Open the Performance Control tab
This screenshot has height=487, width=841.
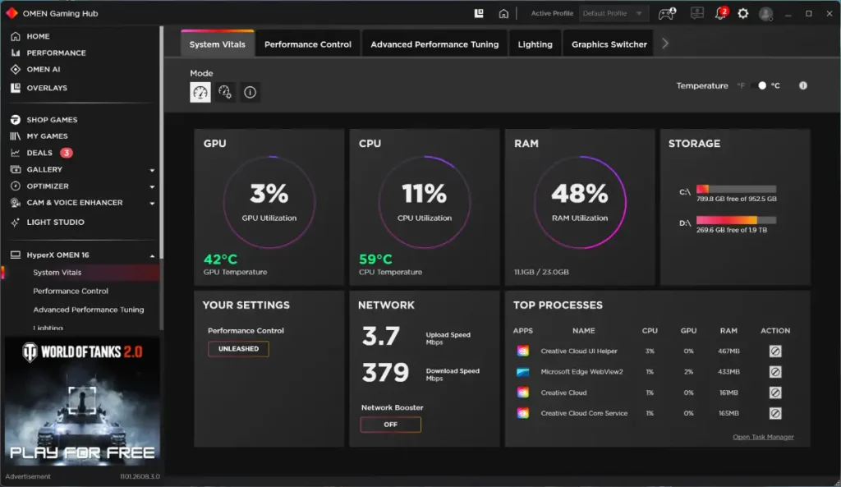pyautogui.click(x=307, y=44)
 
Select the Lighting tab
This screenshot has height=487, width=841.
pyautogui.click(x=535, y=44)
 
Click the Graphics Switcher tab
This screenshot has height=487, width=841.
pyautogui.click(x=609, y=44)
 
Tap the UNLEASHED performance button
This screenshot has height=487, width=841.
pyautogui.click(x=238, y=349)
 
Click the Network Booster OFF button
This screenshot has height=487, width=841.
pyautogui.click(x=390, y=425)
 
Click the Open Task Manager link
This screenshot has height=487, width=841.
pyautogui.click(x=763, y=437)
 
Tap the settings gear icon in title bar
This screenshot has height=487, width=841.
pyautogui.click(x=742, y=13)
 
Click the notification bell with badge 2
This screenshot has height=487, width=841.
pyautogui.click(x=721, y=13)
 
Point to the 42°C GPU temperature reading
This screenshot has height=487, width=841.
pyautogui.click(x=220, y=260)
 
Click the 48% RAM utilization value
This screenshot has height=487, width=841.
pyautogui.click(x=580, y=194)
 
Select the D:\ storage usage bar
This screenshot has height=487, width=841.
pyautogui.click(x=736, y=220)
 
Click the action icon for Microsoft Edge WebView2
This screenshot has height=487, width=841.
pyautogui.click(x=775, y=372)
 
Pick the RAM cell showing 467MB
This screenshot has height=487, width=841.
pyautogui.click(x=728, y=351)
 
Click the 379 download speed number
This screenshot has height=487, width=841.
pyautogui.click(x=385, y=372)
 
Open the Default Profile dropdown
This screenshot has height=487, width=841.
pyautogui.click(x=613, y=13)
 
